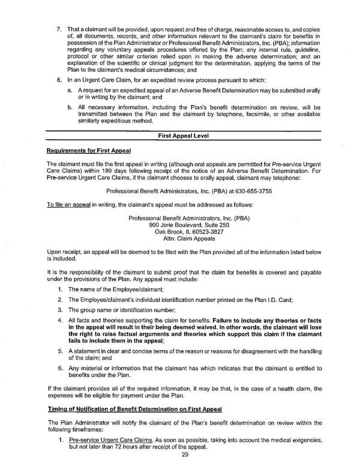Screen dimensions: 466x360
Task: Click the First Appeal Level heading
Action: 183,136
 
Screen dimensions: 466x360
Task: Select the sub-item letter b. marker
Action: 73,107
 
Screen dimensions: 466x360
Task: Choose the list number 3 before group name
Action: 60,309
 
